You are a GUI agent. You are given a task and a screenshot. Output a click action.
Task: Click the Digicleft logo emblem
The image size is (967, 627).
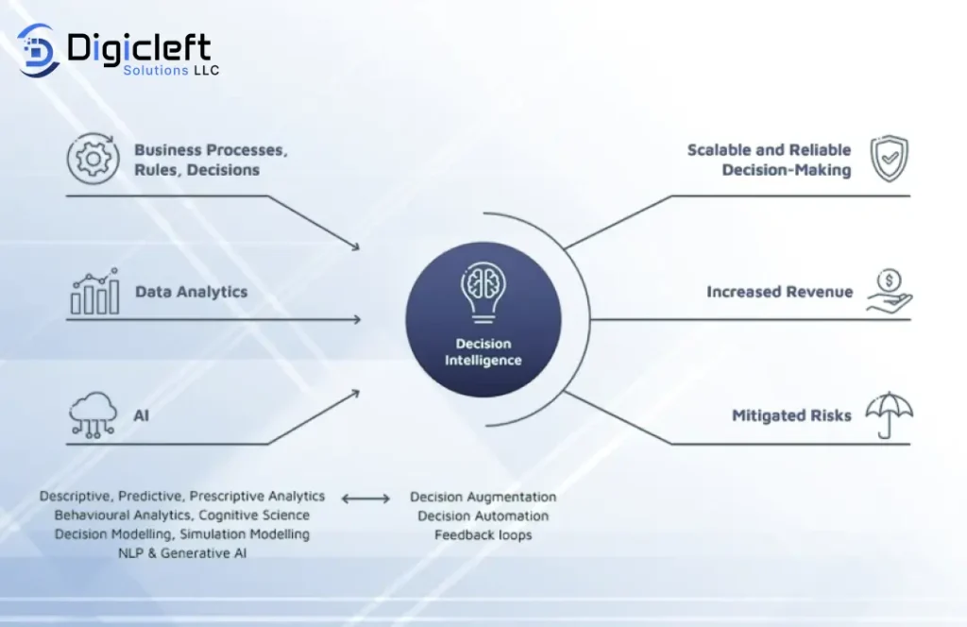(38, 50)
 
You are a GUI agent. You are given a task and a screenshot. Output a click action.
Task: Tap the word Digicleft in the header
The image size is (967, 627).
(139, 47)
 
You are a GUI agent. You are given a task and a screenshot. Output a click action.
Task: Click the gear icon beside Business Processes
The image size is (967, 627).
(93, 159)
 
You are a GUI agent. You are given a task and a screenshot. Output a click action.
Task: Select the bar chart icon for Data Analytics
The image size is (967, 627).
(94, 291)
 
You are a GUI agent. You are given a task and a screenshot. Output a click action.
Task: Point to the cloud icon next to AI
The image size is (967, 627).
(93, 415)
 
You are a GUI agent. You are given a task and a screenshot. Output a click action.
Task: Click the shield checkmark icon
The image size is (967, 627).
(889, 159)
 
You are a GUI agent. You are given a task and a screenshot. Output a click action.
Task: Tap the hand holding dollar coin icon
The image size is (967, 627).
(889, 292)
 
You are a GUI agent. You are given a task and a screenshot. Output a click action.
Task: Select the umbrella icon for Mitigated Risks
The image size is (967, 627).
(889, 415)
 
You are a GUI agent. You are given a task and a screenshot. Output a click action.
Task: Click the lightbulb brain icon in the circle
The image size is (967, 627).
(483, 292)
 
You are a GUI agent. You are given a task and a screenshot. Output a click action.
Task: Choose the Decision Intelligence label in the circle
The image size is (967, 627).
(483, 352)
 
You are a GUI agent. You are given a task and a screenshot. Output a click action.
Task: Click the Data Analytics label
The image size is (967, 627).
(191, 292)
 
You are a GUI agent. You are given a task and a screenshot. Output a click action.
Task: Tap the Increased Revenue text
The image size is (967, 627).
(779, 292)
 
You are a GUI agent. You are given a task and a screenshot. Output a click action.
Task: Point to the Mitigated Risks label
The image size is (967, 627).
(791, 415)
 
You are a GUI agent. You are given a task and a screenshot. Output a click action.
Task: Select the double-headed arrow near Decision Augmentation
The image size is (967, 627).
(365, 499)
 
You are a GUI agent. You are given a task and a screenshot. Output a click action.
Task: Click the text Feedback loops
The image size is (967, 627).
(483, 535)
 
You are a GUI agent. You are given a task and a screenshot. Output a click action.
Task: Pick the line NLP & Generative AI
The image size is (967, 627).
(182, 553)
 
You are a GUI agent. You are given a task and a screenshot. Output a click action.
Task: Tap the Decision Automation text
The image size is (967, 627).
(483, 516)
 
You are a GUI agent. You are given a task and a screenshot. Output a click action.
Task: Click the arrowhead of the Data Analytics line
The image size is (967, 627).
(357, 319)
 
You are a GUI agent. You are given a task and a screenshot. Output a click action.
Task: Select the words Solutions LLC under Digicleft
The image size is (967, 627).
(171, 70)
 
